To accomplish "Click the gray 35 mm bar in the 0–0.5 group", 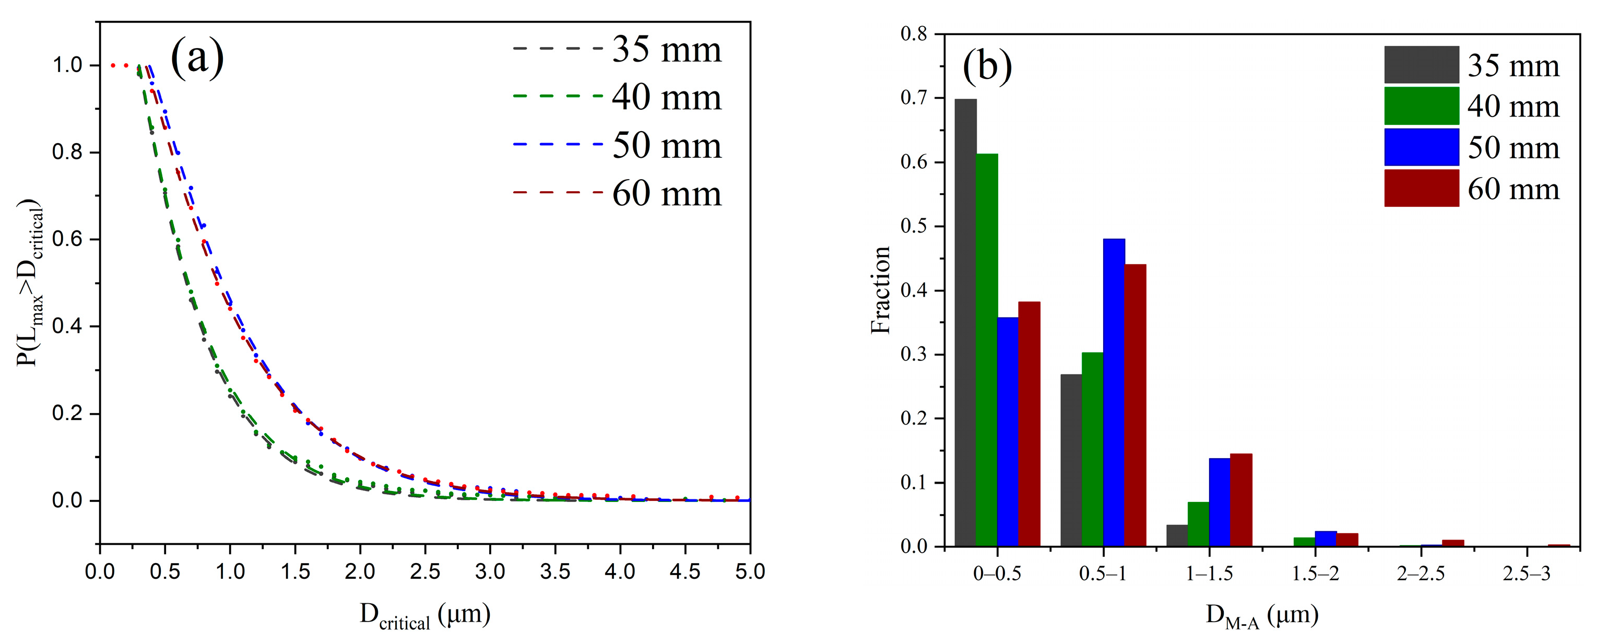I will [x=965, y=322].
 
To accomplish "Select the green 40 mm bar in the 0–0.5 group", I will [x=986, y=350].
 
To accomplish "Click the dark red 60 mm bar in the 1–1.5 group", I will [x=1241, y=500].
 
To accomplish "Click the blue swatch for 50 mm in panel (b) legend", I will [x=1421, y=147].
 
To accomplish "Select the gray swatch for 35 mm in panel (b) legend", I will [x=1421, y=64].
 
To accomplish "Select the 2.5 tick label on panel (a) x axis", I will [x=424, y=571].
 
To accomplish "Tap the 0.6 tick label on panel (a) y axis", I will [x=67, y=239].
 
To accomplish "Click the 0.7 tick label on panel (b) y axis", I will [x=913, y=98].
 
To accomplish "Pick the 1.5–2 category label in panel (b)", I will [x=1315, y=574].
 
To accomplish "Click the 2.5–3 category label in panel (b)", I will [x=1527, y=574].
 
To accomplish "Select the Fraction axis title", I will [x=880, y=290].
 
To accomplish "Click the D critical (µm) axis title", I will [x=425, y=616].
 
